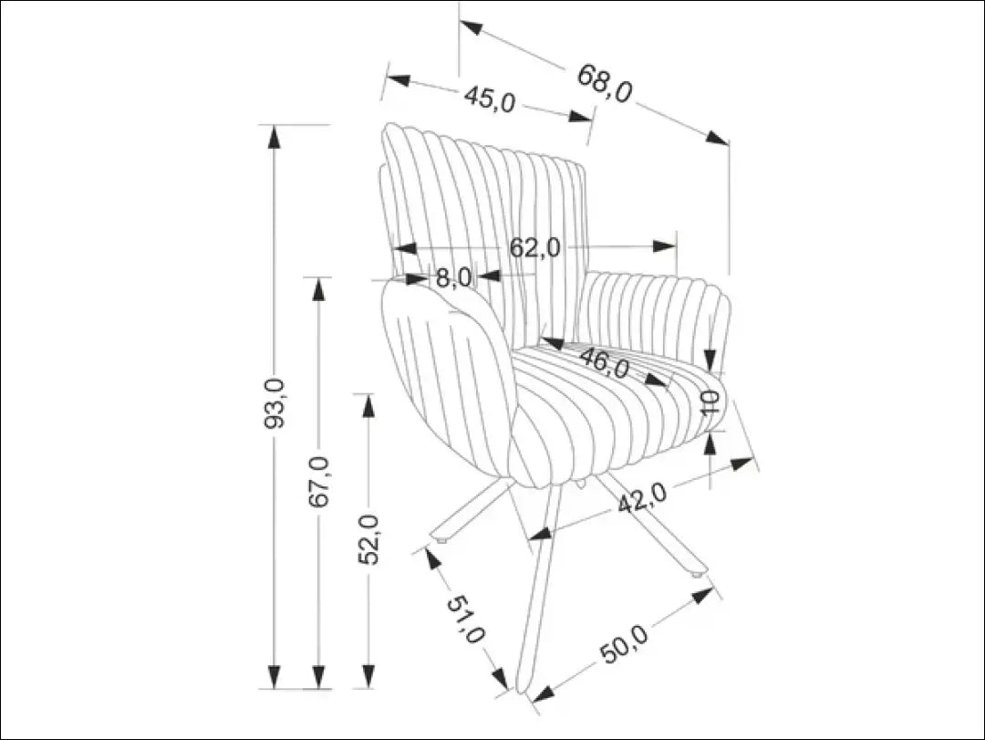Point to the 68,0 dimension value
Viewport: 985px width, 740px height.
click(x=604, y=84)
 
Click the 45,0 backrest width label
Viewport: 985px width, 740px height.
click(x=490, y=99)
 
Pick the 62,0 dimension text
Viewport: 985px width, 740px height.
click(x=534, y=247)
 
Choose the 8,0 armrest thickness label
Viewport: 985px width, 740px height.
click(x=452, y=276)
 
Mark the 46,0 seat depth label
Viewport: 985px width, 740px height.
click(x=604, y=364)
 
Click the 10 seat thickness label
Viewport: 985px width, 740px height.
click(x=711, y=401)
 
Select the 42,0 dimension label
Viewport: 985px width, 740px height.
click(x=642, y=498)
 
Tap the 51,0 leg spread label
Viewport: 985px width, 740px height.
click(x=466, y=620)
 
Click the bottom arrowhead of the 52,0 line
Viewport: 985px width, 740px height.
click(x=368, y=677)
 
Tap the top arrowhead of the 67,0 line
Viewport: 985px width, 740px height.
click(x=318, y=287)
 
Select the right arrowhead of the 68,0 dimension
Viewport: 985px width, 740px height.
click(x=719, y=138)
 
